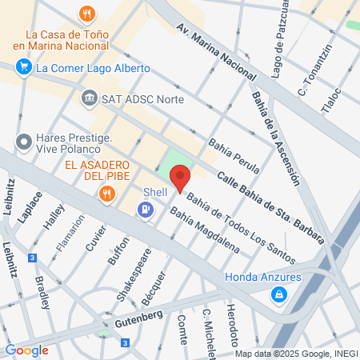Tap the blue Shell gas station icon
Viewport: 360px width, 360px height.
click(146, 210)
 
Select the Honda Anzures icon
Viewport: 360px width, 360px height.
click(278, 294)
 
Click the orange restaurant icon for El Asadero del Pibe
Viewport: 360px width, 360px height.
click(106, 193)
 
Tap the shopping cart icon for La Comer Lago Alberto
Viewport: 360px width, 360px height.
click(22, 68)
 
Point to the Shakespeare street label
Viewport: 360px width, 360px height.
click(130, 272)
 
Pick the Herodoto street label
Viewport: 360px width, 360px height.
click(233, 323)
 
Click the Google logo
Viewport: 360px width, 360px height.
click(26, 350)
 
